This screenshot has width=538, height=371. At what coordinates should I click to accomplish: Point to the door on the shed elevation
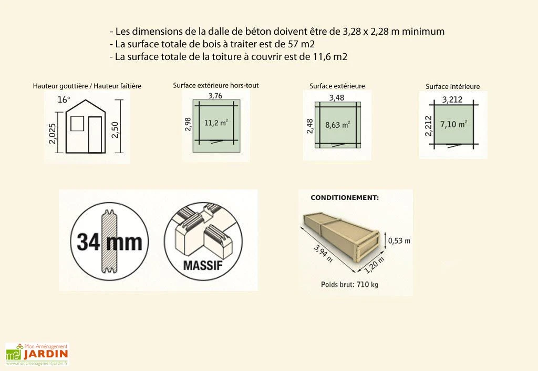[x=95, y=135]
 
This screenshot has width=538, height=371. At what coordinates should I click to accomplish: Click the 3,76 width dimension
[x=215, y=95]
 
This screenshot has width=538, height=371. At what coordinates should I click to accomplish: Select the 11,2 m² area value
[x=216, y=123]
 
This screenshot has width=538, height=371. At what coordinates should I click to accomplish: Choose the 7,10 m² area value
[x=455, y=124]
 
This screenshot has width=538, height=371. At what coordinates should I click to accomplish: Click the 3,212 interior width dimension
[x=452, y=99]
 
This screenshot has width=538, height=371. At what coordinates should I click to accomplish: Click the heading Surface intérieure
[x=452, y=87]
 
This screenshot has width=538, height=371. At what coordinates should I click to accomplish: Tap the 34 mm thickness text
[x=109, y=242]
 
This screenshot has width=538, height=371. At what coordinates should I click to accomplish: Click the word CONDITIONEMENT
[x=345, y=198]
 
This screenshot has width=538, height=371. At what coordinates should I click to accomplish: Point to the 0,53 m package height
[x=399, y=240]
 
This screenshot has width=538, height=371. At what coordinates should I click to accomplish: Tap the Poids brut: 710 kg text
[x=349, y=285]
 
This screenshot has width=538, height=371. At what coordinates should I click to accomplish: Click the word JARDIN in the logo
[x=45, y=354]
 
